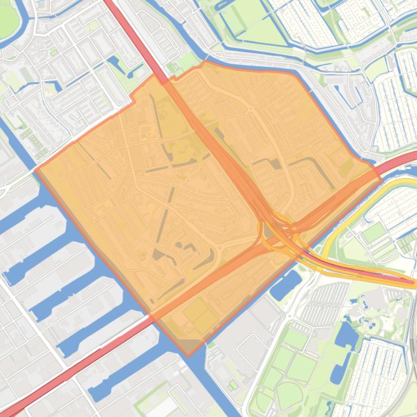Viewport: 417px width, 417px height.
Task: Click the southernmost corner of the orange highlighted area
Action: tap(188, 355)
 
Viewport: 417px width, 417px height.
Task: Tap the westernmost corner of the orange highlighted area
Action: tap(36, 170)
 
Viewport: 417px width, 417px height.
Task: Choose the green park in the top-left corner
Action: tap(8, 19)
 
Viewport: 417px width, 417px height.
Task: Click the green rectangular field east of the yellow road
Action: tap(374, 233)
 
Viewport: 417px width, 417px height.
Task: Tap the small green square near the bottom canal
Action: tap(232, 385)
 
